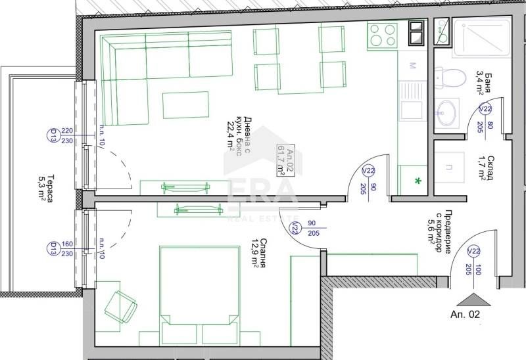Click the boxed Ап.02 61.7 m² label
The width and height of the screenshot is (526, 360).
click(x=285, y=160)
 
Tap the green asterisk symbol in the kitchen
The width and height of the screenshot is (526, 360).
click(x=416, y=180)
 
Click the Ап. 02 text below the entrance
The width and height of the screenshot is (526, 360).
click(x=466, y=315)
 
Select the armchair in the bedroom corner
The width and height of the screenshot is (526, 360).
click(x=120, y=305)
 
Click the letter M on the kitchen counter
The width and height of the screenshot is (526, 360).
click(x=412, y=66)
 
